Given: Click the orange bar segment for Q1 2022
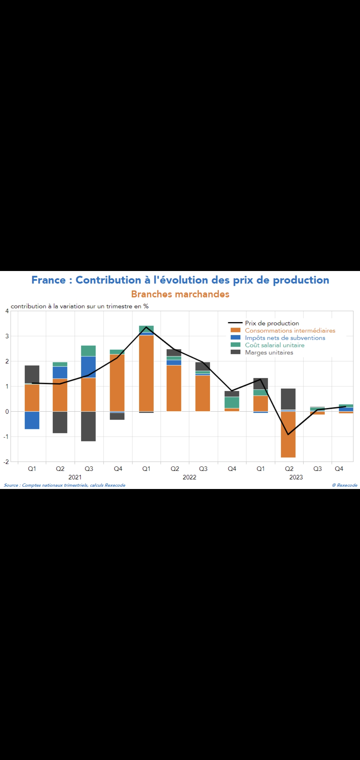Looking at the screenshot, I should (146, 373).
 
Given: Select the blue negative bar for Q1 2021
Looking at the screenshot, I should (32, 420).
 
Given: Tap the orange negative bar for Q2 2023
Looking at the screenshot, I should (288, 434).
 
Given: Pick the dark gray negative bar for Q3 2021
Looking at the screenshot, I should (88, 426).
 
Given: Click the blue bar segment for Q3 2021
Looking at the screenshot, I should (88, 367).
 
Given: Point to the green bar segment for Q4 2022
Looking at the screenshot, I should (232, 402).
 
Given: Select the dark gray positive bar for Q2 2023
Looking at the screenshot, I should (288, 399).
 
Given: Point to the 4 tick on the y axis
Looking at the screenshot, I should (7, 311).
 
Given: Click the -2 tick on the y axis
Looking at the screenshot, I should (6, 462).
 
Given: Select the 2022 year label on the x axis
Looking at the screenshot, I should (189, 477).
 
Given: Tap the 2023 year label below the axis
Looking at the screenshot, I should (296, 477).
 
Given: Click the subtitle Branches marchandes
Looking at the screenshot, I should (180, 294).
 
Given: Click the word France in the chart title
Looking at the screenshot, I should (49, 280).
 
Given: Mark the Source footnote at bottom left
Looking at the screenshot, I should (64, 485).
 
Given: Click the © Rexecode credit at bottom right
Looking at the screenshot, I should (345, 485).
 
